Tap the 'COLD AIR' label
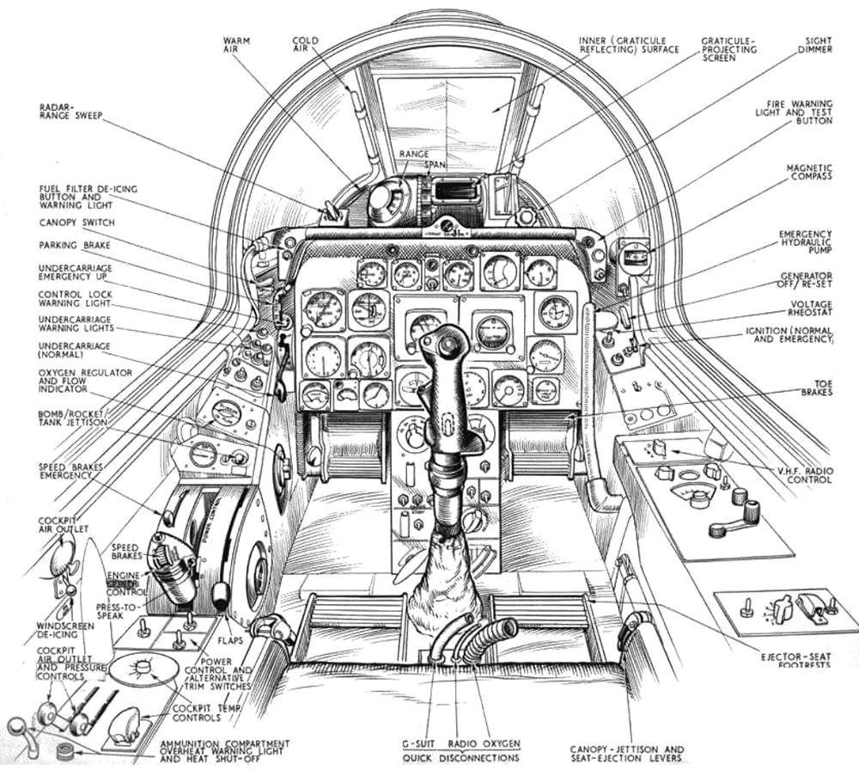point(306,45)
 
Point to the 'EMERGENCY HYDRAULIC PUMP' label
point(805,245)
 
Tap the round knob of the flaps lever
point(222,594)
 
